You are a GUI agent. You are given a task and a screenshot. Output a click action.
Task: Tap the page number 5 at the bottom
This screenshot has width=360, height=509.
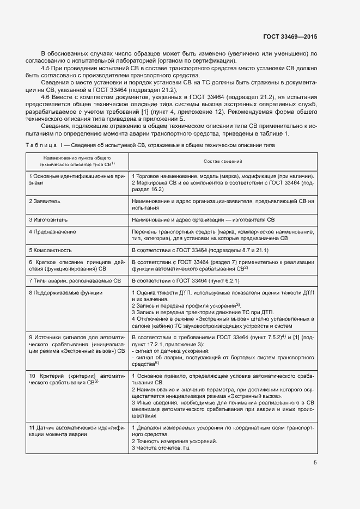(x=315, y=463)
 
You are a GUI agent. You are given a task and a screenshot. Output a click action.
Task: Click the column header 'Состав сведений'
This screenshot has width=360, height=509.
(x=223, y=162)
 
